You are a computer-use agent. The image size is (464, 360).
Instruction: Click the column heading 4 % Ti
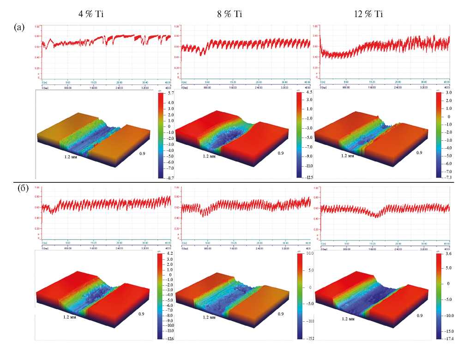click(x=90, y=14)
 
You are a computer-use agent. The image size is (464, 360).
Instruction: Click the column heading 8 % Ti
click(x=229, y=14)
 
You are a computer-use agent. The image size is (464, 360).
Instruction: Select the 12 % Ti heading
click(x=369, y=14)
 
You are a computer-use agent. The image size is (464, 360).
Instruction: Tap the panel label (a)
click(x=19, y=27)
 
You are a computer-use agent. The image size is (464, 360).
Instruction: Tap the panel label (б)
click(x=19, y=188)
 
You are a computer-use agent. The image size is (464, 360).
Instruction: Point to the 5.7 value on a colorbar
click(x=170, y=93)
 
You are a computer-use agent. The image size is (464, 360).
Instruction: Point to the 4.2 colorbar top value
click(x=170, y=254)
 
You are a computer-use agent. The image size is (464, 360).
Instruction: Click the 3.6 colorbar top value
click(x=448, y=254)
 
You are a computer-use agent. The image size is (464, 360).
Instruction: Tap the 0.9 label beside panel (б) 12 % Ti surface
click(x=419, y=316)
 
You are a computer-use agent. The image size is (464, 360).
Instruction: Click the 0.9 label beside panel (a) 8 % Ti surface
click(x=280, y=152)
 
